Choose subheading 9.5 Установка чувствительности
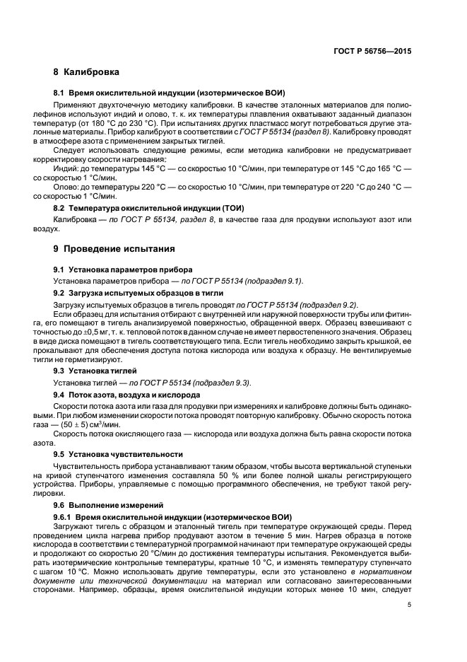pyautogui.click(x=119, y=453)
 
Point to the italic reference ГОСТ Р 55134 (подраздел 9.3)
pyautogui.click(x=201, y=382)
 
